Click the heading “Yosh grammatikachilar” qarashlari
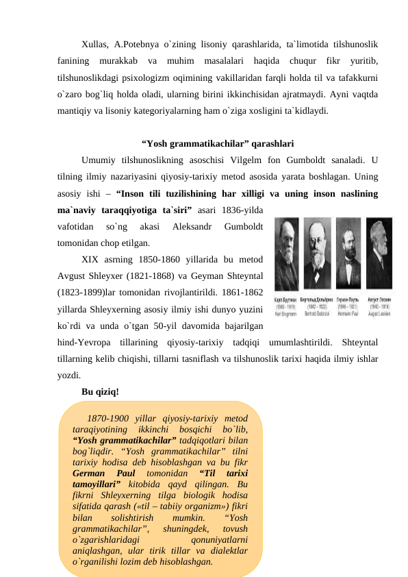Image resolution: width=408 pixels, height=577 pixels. [x=218, y=144]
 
